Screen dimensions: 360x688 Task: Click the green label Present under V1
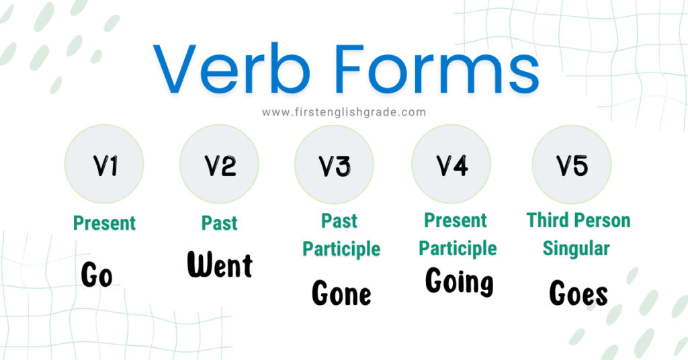(x=104, y=222)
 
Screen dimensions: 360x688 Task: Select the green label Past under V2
(x=220, y=222)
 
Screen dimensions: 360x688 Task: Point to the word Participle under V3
(x=341, y=249)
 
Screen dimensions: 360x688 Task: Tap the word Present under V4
(x=456, y=220)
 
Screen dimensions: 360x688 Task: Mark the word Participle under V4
(x=458, y=249)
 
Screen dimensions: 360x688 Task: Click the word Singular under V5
(x=576, y=249)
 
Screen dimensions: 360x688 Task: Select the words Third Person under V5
(x=578, y=220)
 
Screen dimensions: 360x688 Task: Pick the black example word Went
(x=220, y=265)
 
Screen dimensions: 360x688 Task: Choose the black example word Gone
(x=341, y=294)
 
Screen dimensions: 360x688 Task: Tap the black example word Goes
(x=578, y=294)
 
